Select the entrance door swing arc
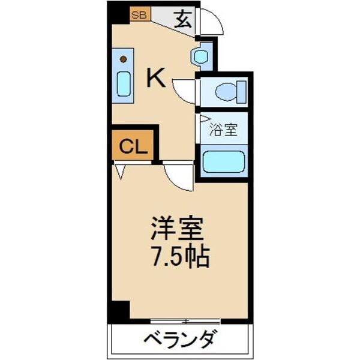211,22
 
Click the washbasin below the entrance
200,56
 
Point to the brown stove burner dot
124,59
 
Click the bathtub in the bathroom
223,161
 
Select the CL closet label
132,147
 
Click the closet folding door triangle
121,172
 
